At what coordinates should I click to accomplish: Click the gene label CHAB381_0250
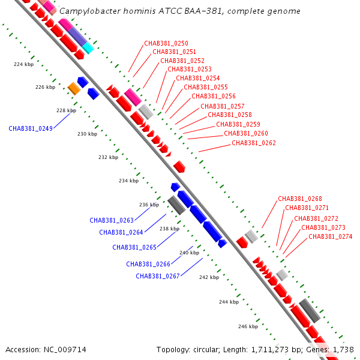point(166,43)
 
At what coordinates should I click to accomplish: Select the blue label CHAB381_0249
point(31,128)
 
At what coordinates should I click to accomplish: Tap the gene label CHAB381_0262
point(254,143)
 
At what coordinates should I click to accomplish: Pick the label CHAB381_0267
point(158,276)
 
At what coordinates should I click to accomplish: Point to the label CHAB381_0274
point(331,236)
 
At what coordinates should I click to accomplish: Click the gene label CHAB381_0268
point(300,199)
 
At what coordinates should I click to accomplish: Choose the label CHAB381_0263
point(112,220)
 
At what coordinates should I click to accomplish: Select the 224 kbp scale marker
point(23,65)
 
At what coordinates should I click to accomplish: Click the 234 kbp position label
point(129,181)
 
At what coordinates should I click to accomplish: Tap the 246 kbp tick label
point(248,326)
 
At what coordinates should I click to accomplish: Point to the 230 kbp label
point(87,134)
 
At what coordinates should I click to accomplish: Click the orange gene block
point(74,88)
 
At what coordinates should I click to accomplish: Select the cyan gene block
point(88,48)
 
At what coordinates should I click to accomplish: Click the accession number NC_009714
point(65,350)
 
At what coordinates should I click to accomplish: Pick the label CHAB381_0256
point(214,96)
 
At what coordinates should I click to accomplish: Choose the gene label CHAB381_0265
point(134,247)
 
